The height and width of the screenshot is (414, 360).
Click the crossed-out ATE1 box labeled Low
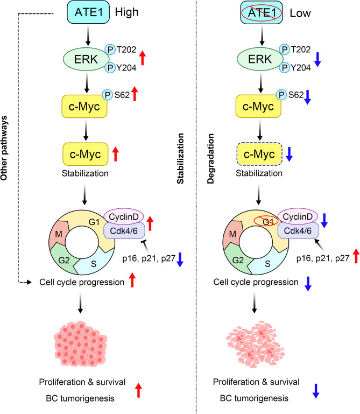(x=262, y=12)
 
